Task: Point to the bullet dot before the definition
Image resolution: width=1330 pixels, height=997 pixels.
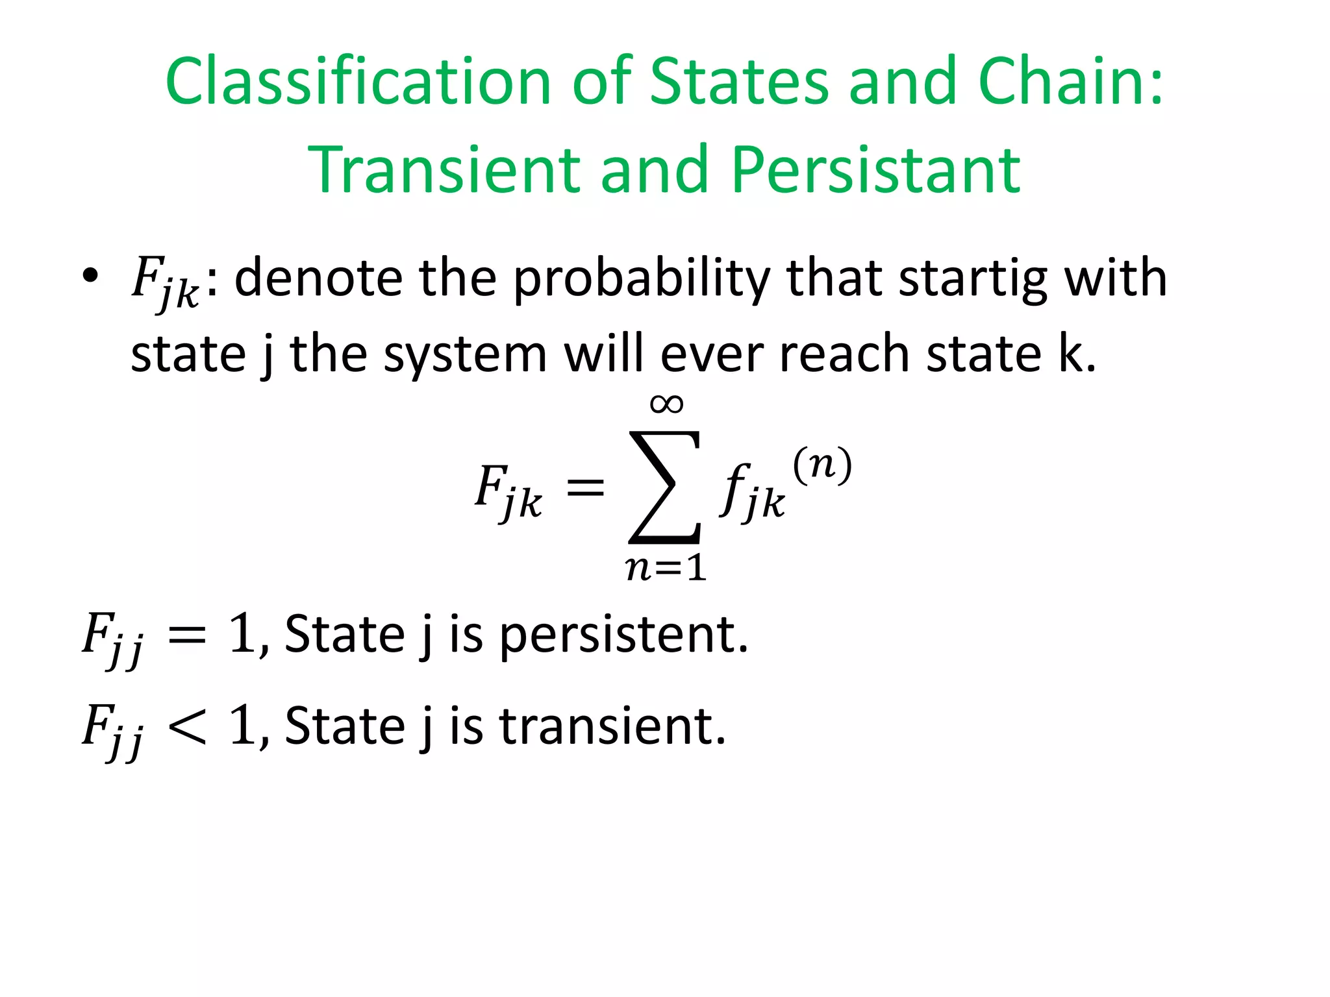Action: pyautogui.click(x=90, y=276)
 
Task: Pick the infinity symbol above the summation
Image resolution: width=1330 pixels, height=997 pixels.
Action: pyautogui.click(x=666, y=404)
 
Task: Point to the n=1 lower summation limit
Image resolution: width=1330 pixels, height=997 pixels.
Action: pyautogui.click(x=666, y=568)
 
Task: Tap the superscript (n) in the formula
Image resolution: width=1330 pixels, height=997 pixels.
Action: pyautogui.click(x=822, y=465)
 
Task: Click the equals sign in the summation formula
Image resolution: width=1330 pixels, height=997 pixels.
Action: pyautogui.click(x=585, y=487)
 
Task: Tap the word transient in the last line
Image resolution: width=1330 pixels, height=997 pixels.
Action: pyautogui.click(x=612, y=726)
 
